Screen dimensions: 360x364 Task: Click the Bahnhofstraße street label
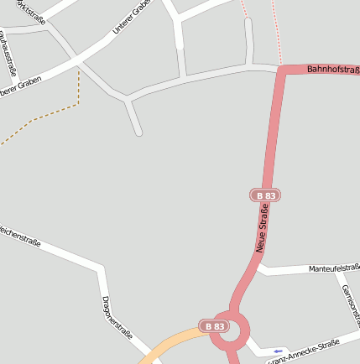[332, 69]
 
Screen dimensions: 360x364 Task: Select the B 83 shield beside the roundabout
[213, 325]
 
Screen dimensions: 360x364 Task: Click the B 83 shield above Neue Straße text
[265, 195]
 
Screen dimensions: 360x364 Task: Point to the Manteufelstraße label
[333, 268]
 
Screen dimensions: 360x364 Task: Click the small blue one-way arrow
[279, 351]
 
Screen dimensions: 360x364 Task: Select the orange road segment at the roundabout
[176, 344]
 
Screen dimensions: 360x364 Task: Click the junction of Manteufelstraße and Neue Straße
[258, 269]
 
